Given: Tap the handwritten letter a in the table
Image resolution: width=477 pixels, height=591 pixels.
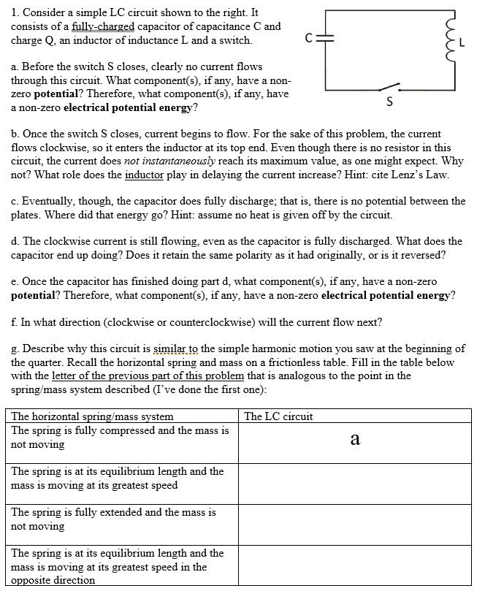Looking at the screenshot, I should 355,438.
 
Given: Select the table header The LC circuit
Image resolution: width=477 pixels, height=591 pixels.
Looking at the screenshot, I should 278,416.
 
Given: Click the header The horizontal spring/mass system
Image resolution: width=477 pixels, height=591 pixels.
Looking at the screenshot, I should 93,416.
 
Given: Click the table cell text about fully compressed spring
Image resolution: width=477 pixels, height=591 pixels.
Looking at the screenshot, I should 120,437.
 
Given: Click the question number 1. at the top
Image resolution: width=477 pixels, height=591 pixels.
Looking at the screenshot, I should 15,13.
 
